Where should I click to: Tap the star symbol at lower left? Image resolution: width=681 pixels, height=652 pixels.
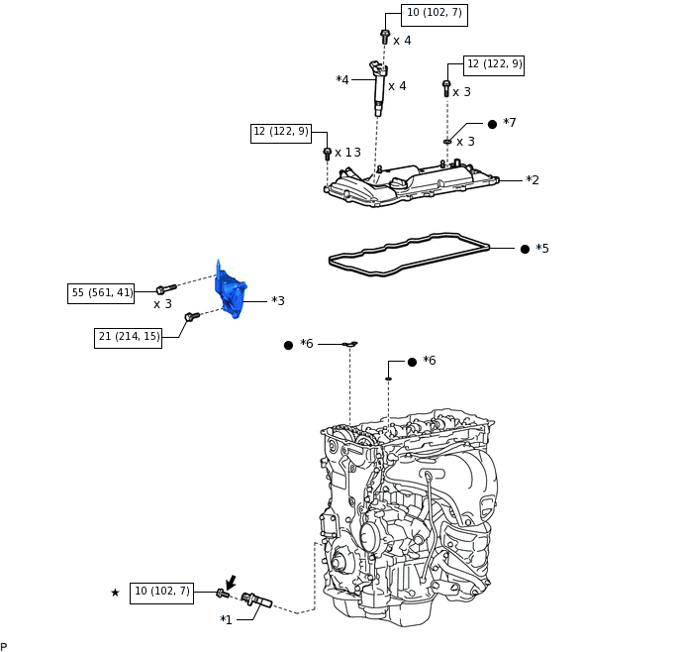coord(115,593)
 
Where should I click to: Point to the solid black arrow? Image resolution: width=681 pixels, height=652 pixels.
coord(231,583)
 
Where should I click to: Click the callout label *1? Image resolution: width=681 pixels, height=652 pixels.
coord(227,620)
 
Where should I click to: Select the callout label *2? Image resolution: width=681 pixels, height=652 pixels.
coord(533,180)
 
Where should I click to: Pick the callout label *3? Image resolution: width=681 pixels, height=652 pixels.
coord(278,301)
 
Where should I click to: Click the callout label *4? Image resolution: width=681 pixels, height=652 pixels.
coord(342,80)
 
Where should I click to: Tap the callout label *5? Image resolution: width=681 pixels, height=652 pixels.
coord(542,248)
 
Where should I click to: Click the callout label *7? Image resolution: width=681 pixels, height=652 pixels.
coord(510,123)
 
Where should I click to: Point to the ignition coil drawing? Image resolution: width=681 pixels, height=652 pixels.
coord(378,88)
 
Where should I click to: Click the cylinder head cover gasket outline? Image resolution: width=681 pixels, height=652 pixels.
coord(409,255)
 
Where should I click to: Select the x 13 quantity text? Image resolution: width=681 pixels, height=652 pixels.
coord(347,153)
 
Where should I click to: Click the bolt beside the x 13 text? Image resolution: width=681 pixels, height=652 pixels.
coord(328,154)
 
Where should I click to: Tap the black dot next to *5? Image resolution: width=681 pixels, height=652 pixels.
coord(525,249)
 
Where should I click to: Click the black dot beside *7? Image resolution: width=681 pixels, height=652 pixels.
coord(492,124)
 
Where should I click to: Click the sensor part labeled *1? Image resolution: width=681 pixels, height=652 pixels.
coord(256,599)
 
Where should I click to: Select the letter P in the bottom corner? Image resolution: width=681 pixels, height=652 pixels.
coord(4,647)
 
